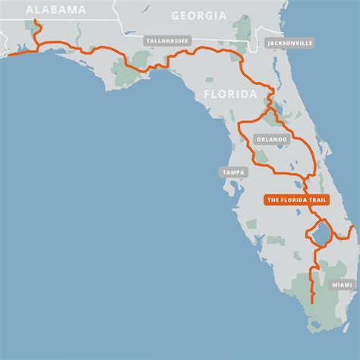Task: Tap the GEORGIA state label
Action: [x=198, y=15]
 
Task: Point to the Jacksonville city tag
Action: [x=289, y=44]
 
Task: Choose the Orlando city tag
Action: [x=272, y=140]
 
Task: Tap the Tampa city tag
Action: [x=233, y=172]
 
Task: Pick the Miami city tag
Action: [x=342, y=284]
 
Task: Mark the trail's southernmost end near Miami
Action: [x=313, y=302]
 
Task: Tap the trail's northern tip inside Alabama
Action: [x=36, y=22]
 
